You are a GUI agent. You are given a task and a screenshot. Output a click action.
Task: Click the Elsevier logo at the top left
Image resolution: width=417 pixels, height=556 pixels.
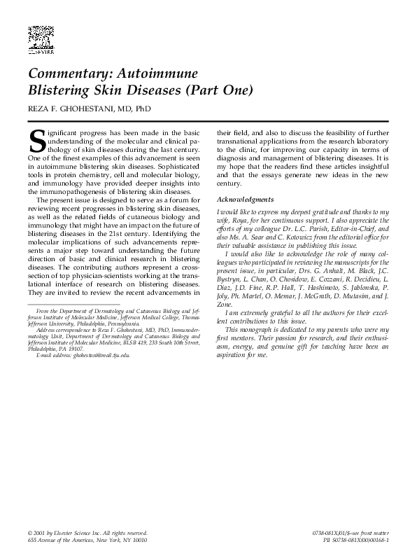[41, 39]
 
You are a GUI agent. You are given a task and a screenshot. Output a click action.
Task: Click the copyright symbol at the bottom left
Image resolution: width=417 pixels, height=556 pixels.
[30, 534]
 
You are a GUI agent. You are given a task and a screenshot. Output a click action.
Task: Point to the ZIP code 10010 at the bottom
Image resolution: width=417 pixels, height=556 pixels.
[137, 541]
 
